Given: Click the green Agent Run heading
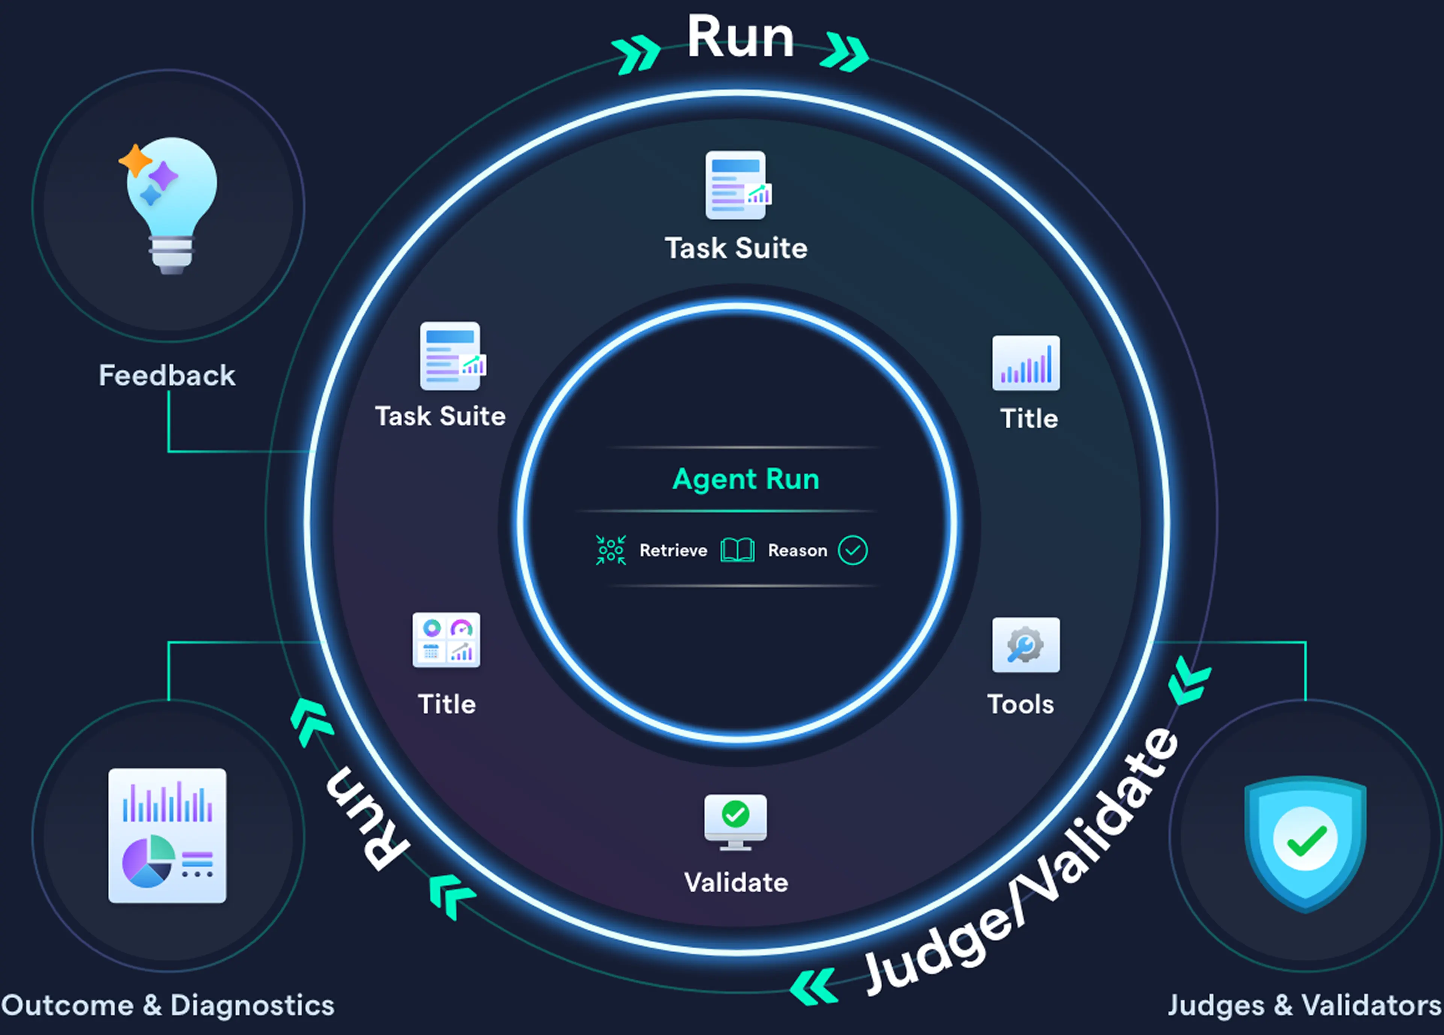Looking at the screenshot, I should point(745,479).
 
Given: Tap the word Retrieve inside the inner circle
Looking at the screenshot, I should point(673,550).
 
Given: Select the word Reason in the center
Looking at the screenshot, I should point(797,550).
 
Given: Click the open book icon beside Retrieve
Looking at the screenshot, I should point(737,550).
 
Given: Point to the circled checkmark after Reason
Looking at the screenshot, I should point(853,550).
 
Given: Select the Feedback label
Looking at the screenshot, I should point(167,375).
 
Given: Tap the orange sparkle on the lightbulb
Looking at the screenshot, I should point(135,160).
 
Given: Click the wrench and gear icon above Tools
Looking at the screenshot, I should point(1026,645).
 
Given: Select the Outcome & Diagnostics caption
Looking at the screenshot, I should point(168,1005).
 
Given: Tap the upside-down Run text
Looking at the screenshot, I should point(366,819).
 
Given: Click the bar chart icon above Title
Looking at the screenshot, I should point(1026,363).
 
